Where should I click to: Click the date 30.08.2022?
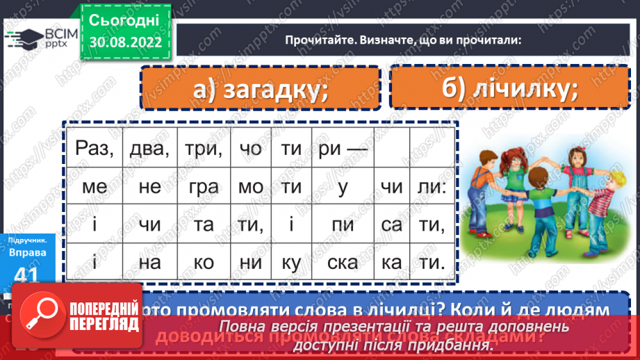click(x=126, y=41)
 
